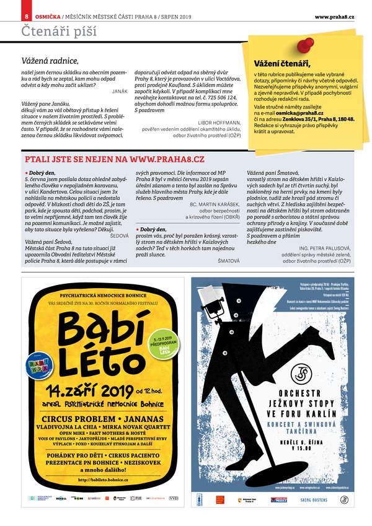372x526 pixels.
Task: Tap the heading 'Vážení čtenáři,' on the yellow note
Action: point(282,63)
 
